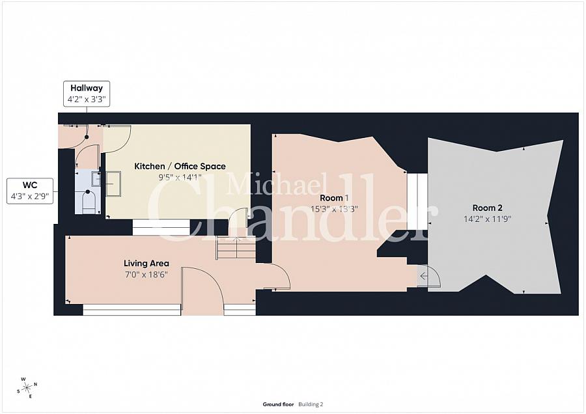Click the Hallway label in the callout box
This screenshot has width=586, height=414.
87,88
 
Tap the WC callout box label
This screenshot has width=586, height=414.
30,186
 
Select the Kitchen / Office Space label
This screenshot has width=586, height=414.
180,166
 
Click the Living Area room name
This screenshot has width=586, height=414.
146,264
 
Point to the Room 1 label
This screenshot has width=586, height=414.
335,198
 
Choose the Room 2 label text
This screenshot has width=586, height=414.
487,208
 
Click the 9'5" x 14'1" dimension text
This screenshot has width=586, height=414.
180,177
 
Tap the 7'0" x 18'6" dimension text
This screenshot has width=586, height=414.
146,275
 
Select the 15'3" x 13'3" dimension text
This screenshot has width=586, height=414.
335,209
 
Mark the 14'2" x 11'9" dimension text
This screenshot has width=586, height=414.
487,219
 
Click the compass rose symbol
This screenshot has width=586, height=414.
27,387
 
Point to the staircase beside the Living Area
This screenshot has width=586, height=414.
236,248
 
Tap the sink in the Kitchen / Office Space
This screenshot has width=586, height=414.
113,184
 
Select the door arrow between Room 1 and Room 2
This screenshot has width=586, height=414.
423,276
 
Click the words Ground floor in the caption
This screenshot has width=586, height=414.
278,404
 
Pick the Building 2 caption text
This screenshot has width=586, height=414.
311,404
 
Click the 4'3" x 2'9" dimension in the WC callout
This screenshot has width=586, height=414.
30,196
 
